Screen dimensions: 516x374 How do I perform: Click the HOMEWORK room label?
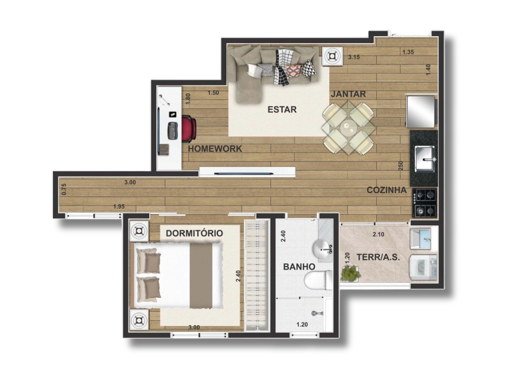215,149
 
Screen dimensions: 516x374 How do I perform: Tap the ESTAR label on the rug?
282,110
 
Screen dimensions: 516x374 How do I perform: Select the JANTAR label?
348,94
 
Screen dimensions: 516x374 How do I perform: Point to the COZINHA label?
387,190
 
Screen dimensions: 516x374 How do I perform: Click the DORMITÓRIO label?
194,233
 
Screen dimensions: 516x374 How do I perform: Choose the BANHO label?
299,267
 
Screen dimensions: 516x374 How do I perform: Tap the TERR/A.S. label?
378,257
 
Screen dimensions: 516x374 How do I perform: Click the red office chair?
189,129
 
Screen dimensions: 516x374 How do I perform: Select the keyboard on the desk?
173,131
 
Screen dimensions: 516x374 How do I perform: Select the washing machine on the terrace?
423,267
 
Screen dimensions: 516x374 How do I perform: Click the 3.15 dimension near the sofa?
354,57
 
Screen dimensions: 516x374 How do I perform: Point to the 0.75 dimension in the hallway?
64,189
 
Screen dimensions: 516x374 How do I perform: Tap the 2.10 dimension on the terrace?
379,235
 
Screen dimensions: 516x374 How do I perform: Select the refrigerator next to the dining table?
421,112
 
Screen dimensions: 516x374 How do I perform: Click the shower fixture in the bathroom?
317,313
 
